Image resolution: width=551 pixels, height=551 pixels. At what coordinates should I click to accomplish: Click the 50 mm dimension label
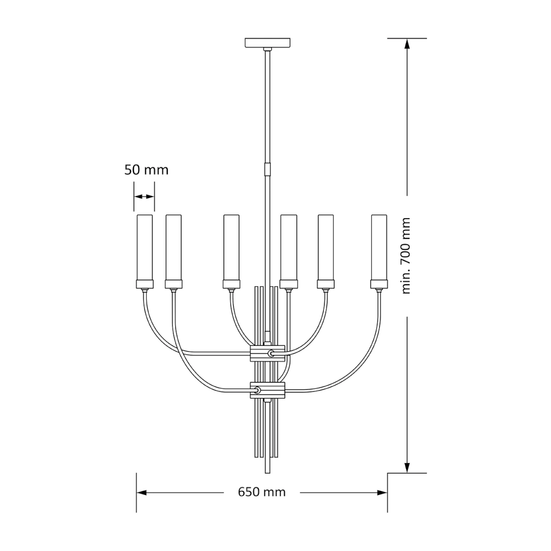pyautogui.click(x=146, y=170)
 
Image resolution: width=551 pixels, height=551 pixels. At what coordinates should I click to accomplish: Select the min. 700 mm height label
pyautogui.click(x=406, y=256)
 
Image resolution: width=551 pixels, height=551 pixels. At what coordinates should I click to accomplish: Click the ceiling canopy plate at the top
pyautogui.click(x=268, y=43)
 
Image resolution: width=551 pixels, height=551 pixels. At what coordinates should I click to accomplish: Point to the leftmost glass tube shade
pyautogui.click(x=145, y=247)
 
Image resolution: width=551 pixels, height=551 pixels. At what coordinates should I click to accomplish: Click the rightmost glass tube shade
pyautogui.click(x=379, y=247)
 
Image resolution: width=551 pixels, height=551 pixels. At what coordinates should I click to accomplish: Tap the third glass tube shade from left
pyautogui.click(x=231, y=247)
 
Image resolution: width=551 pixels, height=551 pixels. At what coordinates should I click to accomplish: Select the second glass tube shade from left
pyautogui.click(x=174, y=247)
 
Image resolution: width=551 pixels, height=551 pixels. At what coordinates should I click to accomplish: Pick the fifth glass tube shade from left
pyautogui.click(x=326, y=247)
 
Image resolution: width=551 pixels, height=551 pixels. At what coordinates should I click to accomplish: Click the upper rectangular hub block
pyautogui.click(x=268, y=354)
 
